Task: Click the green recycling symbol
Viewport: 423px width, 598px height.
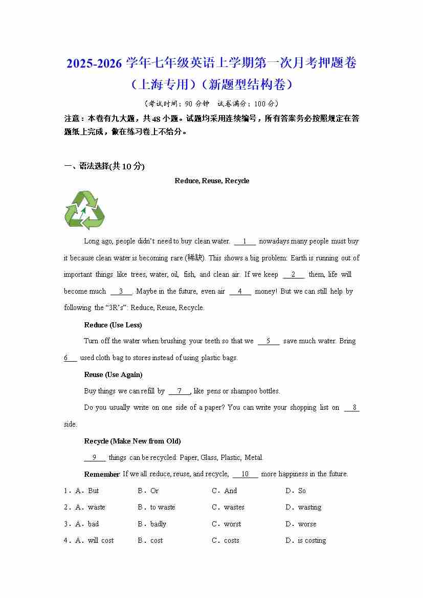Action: pos(84,210)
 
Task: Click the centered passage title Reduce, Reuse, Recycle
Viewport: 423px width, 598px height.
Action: pos(212,181)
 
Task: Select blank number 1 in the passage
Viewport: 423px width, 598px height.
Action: pos(245,241)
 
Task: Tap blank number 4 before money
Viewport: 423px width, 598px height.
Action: pos(240,292)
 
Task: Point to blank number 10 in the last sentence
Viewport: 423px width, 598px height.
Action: pos(245,474)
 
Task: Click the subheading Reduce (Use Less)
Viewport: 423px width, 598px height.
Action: pos(113,325)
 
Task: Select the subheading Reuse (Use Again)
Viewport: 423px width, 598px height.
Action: pos(113,374)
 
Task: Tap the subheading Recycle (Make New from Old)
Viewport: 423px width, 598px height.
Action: pos(132,441)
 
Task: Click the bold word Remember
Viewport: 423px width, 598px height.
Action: pos(102,474)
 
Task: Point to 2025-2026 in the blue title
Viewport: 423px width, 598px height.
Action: pos(94,64)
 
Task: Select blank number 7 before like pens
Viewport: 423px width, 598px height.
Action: pos(179,391)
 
